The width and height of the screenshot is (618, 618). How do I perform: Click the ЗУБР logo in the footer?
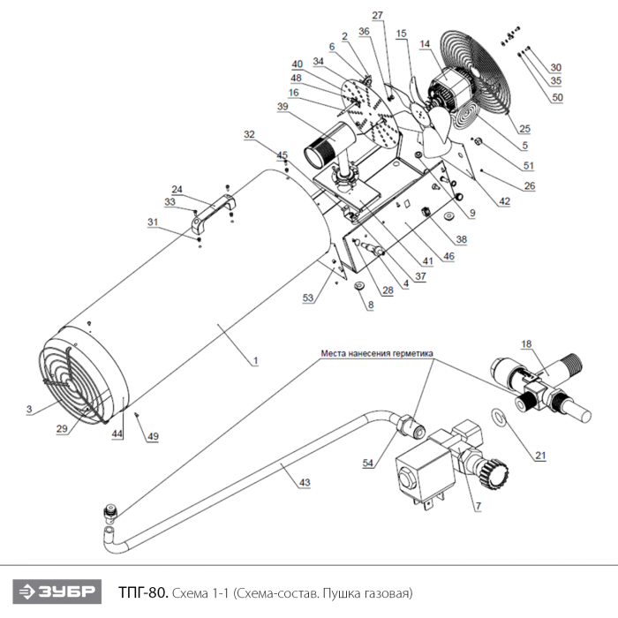pyautogui.click(x=57, y=592)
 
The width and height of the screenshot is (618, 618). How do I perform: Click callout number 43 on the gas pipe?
pyautogui.click(x=305, y=482)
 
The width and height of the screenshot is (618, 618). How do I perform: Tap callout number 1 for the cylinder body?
pyautogui.click(x=255, y=360)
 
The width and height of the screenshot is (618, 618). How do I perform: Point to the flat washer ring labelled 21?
pyautogui.click(x=498, y=415)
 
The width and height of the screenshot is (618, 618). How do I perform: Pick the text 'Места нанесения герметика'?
pyautogui.click(x=377, y=353)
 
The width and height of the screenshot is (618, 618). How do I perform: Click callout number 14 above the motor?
pyautogui.click(x=425, y=44)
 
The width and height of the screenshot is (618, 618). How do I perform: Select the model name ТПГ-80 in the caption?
pyautogui.click(x=143, y=592)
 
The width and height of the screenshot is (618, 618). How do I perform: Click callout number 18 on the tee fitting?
pyautogui.click(x=526, y=344)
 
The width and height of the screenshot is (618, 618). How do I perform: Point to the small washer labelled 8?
pyautogui.click(x=359, y=284)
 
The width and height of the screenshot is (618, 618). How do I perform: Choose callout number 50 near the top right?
pyautogui.click(x=557, y=97)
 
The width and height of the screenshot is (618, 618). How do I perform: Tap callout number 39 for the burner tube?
pyautogui.click(x=283, y=107)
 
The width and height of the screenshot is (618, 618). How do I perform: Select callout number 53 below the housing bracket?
pyautogui.click(x=308, y=298)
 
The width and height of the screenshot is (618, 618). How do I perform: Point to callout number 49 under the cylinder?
pyautogui.click(x=153, y=436)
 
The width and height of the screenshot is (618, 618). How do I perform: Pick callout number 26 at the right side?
pyautogui.click(x=530, y=185)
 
